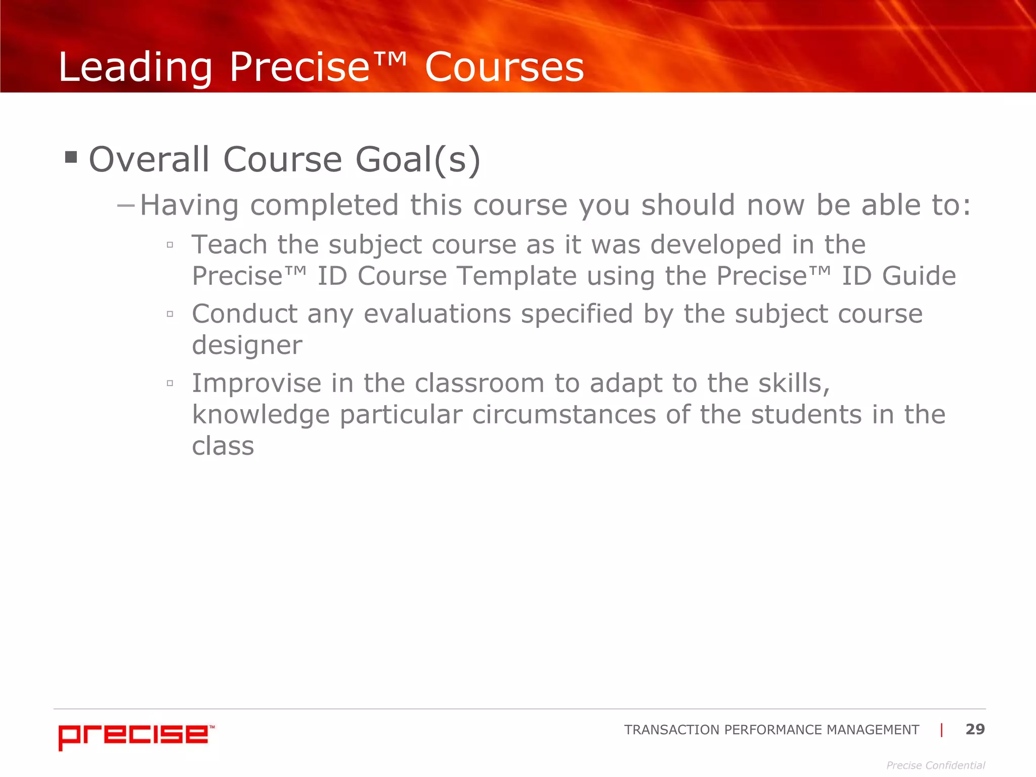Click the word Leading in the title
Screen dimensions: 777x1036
point(135,67)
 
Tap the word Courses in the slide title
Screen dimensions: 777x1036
point(504,67)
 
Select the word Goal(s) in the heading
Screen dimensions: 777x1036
point(417,160)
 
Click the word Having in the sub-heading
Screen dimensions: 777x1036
point(189,205)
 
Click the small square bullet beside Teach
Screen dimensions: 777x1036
point(170,245)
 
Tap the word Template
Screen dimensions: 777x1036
point(516,276)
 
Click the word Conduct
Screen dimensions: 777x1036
point(244,314)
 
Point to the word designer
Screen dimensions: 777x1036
point(247,346)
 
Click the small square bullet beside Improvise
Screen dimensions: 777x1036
point(170,383)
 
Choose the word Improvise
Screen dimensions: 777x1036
point(256,383)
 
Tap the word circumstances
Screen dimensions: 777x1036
point(564,415)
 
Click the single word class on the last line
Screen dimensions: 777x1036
point(223,446)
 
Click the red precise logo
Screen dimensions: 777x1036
point(136,737)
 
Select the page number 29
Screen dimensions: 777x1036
point(975,729)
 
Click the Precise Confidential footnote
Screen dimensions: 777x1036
point(935,765)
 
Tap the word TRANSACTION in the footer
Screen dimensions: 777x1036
point(671,730)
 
